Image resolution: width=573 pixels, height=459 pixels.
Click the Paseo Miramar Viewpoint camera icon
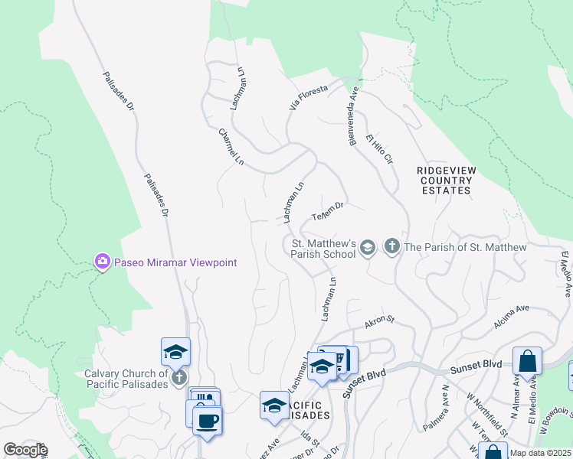pyautogui.click(x=102, y=262)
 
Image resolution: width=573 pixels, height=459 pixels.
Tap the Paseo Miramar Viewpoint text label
pyautogui.click(x=175, y=262)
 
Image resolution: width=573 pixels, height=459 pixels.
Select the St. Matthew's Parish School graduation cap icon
pyautogui.click(x=368, y=246)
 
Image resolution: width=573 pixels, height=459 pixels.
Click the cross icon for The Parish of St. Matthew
pyautogui.click(x=392, y=246)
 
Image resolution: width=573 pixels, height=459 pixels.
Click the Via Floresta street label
pyautogui.click(x=308, y=99)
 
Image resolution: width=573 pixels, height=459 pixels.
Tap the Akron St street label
pyautogui.click(x=378, y=322)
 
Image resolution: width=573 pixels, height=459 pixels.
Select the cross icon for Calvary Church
pyautogui.click(x=178, y=378)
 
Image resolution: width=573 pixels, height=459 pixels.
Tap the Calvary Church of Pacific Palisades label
pyautogui.click(x=126, y=379)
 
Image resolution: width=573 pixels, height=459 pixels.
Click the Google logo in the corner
pyautogui.click(x=25, y=450)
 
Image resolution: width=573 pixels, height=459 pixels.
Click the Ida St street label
pyautogui.click(x=310, y=439)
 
